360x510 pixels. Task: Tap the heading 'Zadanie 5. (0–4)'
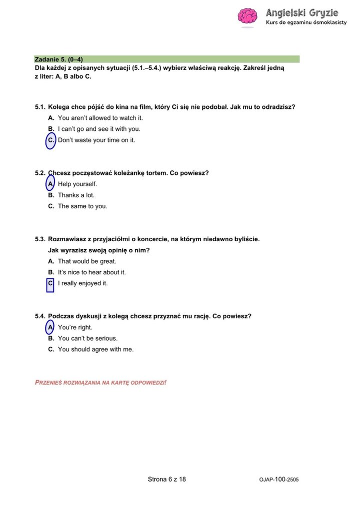coord(58,59)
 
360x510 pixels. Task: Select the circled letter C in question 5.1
coord(51,140)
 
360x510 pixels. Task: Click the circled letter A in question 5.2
coord(50,184)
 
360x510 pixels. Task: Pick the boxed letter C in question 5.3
coord(50,284)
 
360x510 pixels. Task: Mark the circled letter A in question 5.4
coord(50,328)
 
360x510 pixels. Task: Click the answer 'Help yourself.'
coord(77,184)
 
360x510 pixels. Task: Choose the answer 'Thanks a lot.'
coord(76,195)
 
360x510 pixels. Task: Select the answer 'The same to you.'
coord(82,206)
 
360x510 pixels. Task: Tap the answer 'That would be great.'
coord(87,261)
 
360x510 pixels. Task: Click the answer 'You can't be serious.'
coord(87,339)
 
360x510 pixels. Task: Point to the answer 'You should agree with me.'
coord(96,350)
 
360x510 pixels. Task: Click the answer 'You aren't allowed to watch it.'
coord(100,118)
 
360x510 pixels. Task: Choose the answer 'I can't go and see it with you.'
coord(99,129)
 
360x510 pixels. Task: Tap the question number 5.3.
coord(40,239)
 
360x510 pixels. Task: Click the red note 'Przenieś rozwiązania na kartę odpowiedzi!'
coord(100,383)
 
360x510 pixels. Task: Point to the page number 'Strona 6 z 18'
coord(167,480)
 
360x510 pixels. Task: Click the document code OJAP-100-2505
coord(279,480)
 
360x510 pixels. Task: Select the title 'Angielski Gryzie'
coord(302,12)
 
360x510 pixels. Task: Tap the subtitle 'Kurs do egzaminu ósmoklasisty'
coord(305,23)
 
